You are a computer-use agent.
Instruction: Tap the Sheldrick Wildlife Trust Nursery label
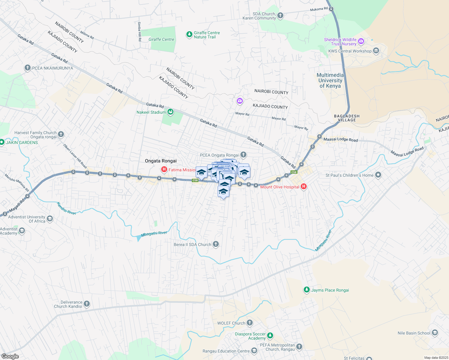pyautogui.click(x=340, y=42)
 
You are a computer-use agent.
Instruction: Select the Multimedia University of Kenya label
pyautogui.click(x=330, y=80)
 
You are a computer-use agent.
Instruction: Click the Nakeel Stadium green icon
pyautogui.click(x=170, y=112)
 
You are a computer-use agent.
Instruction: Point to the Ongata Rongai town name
pyautogui.click(x=161, y=161)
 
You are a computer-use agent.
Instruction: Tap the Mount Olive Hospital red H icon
pyautogui.click(x=304, y=187)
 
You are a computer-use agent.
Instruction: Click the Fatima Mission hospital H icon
pyautogui.click(x=164, y=170)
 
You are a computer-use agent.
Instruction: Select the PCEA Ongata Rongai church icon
pyautogui.click(x=243, y=155)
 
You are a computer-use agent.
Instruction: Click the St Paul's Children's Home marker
pyautogui.click(x=378, y=175)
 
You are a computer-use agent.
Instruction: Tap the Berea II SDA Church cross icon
pyautogui.click(x=216, y=244)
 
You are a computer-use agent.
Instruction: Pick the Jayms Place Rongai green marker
pyautogui.click(x=306, y=290)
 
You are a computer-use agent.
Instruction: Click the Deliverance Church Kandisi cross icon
pyautogui.click(x=87, y=304)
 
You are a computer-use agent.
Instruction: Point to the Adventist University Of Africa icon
pyautogui.click(x=50, y=219)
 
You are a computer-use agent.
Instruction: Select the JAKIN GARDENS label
pyautogui.click(x=22, y=142)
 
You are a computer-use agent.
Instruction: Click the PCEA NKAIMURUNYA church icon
pyautogui.click(x=28, y=68)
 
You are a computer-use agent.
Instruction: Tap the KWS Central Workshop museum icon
pyautogui.click(x=376, y=51)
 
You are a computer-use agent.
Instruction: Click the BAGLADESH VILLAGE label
pyautogui.click(x=347, y=118)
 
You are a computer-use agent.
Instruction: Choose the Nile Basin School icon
pyautogui.click(x=435, y=333)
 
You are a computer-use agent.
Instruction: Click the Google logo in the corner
pyautogui.click(x=10, y=356)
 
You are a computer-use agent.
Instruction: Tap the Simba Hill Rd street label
pyautogui.click(x=140, y=31)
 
